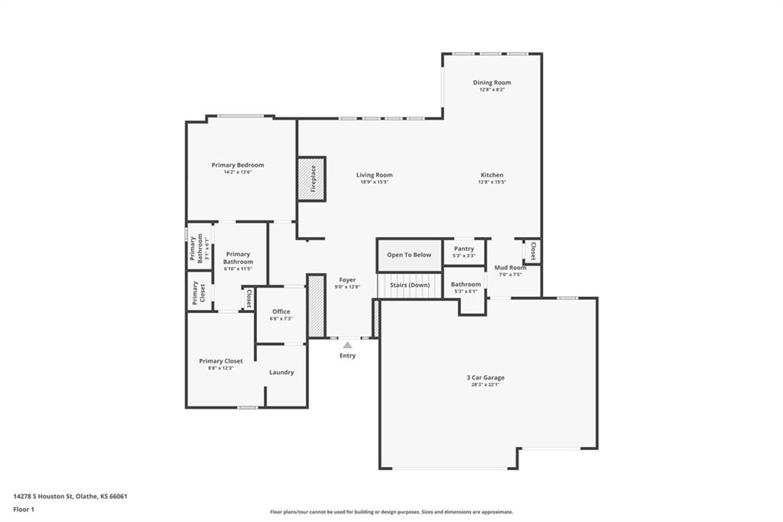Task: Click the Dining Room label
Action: coord(492,83)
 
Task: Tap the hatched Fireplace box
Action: coord(311,179)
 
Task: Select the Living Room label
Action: coord(374,175)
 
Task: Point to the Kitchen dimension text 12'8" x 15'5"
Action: coord(492,182)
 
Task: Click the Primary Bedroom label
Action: coord(238,165)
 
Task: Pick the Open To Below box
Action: coord(409,255)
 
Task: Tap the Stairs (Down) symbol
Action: coord(409,285)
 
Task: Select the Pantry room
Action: coord(464,252)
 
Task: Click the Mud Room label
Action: coord(511,268)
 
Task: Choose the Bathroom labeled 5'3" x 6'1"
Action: coord(465,287)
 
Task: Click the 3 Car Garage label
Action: coord(486,377)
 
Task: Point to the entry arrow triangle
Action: coord(347,345)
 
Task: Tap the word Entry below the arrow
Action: coord(347,356)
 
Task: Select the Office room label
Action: coord(281,312)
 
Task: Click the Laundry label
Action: coord(281,373)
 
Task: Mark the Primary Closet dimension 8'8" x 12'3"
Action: coord(221,368)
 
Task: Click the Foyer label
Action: coord(347,280)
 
